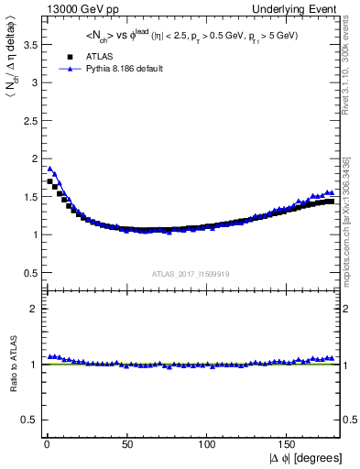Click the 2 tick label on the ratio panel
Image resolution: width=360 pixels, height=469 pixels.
[31, 309]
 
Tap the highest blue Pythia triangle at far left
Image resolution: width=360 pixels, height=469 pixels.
[50, 169]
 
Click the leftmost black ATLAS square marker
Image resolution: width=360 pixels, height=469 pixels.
[50, 181]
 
